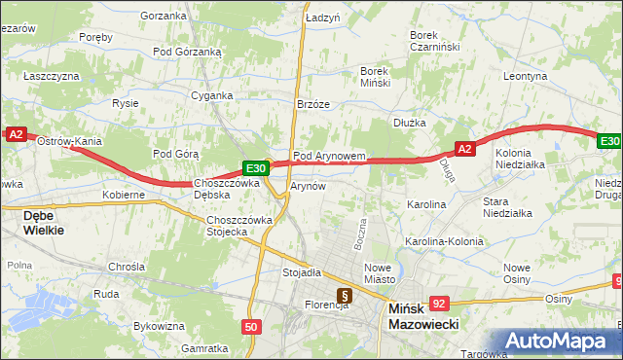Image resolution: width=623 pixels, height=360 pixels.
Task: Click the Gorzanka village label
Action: (x=164, y=16)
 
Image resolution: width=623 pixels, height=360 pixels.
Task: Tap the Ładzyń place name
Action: (x=322, y=18)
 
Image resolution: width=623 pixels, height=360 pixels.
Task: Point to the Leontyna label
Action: (x=526, y=75)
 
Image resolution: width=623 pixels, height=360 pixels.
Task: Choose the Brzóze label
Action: (x=314, y=103)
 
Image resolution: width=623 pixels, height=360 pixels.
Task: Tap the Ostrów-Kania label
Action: (x=69, y=141)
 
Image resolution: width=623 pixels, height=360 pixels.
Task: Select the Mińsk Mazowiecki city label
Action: (x=423, y=317)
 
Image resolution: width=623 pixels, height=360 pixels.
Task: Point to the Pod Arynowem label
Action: (x=329, y=155)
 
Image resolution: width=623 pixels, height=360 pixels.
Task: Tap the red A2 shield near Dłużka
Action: (x=464, y=149)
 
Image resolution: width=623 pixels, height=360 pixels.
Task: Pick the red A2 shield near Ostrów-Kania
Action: (x=15, y=134)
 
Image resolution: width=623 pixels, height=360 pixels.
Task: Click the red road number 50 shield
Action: (x=252, y=328)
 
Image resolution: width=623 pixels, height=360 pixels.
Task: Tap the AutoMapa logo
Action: (x=560, y=342)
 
